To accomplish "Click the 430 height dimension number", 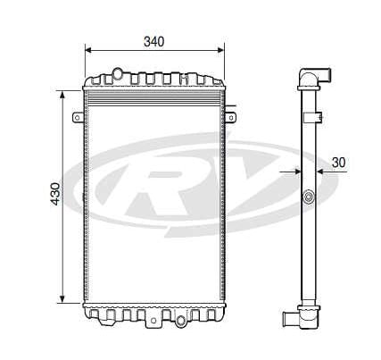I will [x=54, y=194].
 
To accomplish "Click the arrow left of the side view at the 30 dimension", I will [x=291, y=171].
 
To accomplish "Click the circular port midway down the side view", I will [x=309, y=197].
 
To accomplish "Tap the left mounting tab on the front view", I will [x=79, y=116].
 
